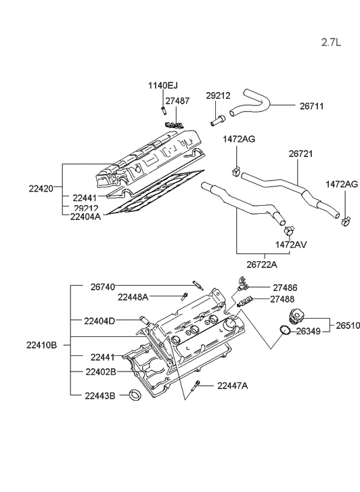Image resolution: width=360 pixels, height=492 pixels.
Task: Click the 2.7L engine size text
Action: tap(332, 42)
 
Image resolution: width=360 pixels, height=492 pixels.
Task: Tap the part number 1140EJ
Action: tap(162, 85)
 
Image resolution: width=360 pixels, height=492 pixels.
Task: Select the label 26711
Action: tap(313, 106)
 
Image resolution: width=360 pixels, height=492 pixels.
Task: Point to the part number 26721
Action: tap(302, 154)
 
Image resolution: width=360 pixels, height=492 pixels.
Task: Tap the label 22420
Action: tap(43, 189)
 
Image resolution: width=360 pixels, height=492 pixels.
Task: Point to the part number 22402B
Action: tap(100, 372)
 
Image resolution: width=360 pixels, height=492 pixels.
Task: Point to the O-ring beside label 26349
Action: tap(286, 330)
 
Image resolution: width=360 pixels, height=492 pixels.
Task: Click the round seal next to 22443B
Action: tap(135, 395)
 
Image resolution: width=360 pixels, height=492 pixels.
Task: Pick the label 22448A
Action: tap(133, 297)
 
